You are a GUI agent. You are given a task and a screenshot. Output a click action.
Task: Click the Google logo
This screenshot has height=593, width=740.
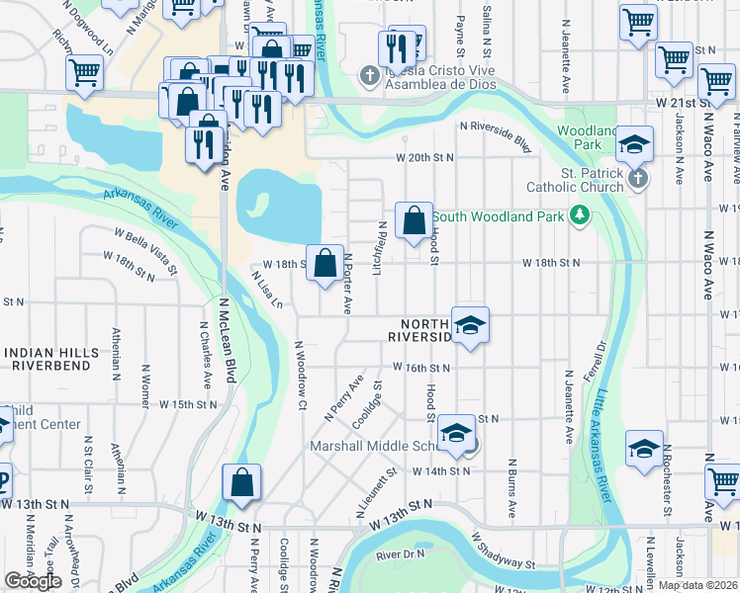click(x=33, y=581)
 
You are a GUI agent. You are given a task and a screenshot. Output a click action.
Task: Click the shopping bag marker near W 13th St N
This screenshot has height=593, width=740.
click(x=241, y=484)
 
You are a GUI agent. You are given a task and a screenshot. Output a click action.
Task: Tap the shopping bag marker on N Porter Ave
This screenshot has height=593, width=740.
click(x=324, y=264)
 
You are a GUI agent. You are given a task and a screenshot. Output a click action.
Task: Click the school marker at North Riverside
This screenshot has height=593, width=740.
click(x=470, y=325)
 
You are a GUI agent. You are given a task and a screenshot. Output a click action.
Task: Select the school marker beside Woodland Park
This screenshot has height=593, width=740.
click(x=634, y=146)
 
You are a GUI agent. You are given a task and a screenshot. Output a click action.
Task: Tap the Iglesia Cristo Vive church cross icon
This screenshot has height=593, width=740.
click(x=369, y=75)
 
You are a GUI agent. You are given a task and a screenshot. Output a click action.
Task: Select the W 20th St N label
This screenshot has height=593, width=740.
click(x=424, y=157)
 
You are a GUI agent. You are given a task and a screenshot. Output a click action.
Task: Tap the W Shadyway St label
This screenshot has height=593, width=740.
click(x=504, y=552)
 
